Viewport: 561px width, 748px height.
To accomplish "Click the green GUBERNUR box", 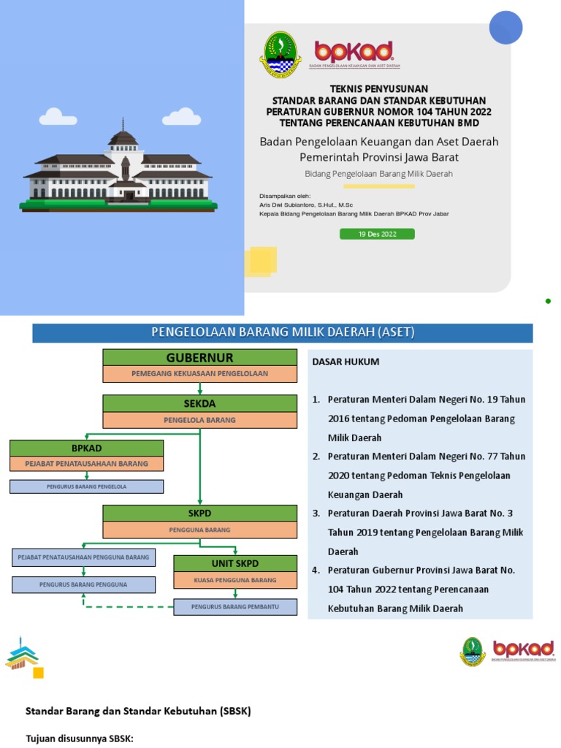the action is pyautogui.click(x=199, y=357).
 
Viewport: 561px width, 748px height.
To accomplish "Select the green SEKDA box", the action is pyautogui.click(x=199, y=403).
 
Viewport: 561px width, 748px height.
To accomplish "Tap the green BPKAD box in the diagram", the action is pyautogui.click(x=86, y=447).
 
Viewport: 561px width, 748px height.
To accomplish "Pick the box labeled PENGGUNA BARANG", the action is pyautogui.click(x=199, y=530).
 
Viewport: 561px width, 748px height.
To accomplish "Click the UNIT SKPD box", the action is pyautogui.click(x=235, y=563).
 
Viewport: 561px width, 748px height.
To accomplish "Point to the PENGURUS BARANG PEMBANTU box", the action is pyautogui.click(x=235, y=607).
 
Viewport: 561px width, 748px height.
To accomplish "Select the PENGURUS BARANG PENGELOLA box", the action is pyautogui.click(x=86, y=486).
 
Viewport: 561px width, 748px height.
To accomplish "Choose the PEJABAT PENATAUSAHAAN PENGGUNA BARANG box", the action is pyautogui.click(x=83, y=557).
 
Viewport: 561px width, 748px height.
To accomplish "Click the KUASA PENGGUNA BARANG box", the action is pyautogui.click(x=235, y=580).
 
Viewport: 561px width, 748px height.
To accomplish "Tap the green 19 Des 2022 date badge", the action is pyautogui.click(x=377, y=234).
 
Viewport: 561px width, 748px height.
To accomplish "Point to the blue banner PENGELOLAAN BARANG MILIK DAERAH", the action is pyautogui.click(x=283, y=333).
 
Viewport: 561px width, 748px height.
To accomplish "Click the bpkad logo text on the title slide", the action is pyautogui.click(x=354, y=51).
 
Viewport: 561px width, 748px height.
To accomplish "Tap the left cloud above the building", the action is pyautogui.click(x=57, y=117).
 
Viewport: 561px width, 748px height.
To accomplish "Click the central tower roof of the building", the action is pyautogui.click(x=122, y=137).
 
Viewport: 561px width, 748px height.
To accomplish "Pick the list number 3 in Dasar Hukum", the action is pyautogui.click(x=316, y=514).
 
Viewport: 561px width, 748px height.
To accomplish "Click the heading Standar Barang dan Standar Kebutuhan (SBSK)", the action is pyautogui.click(x=138, y=711).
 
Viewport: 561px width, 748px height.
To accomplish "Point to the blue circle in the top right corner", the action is pyautogui.click(x=505, y=27).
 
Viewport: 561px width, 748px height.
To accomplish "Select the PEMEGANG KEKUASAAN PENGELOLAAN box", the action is pyautogui.click(x=199, y=374).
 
